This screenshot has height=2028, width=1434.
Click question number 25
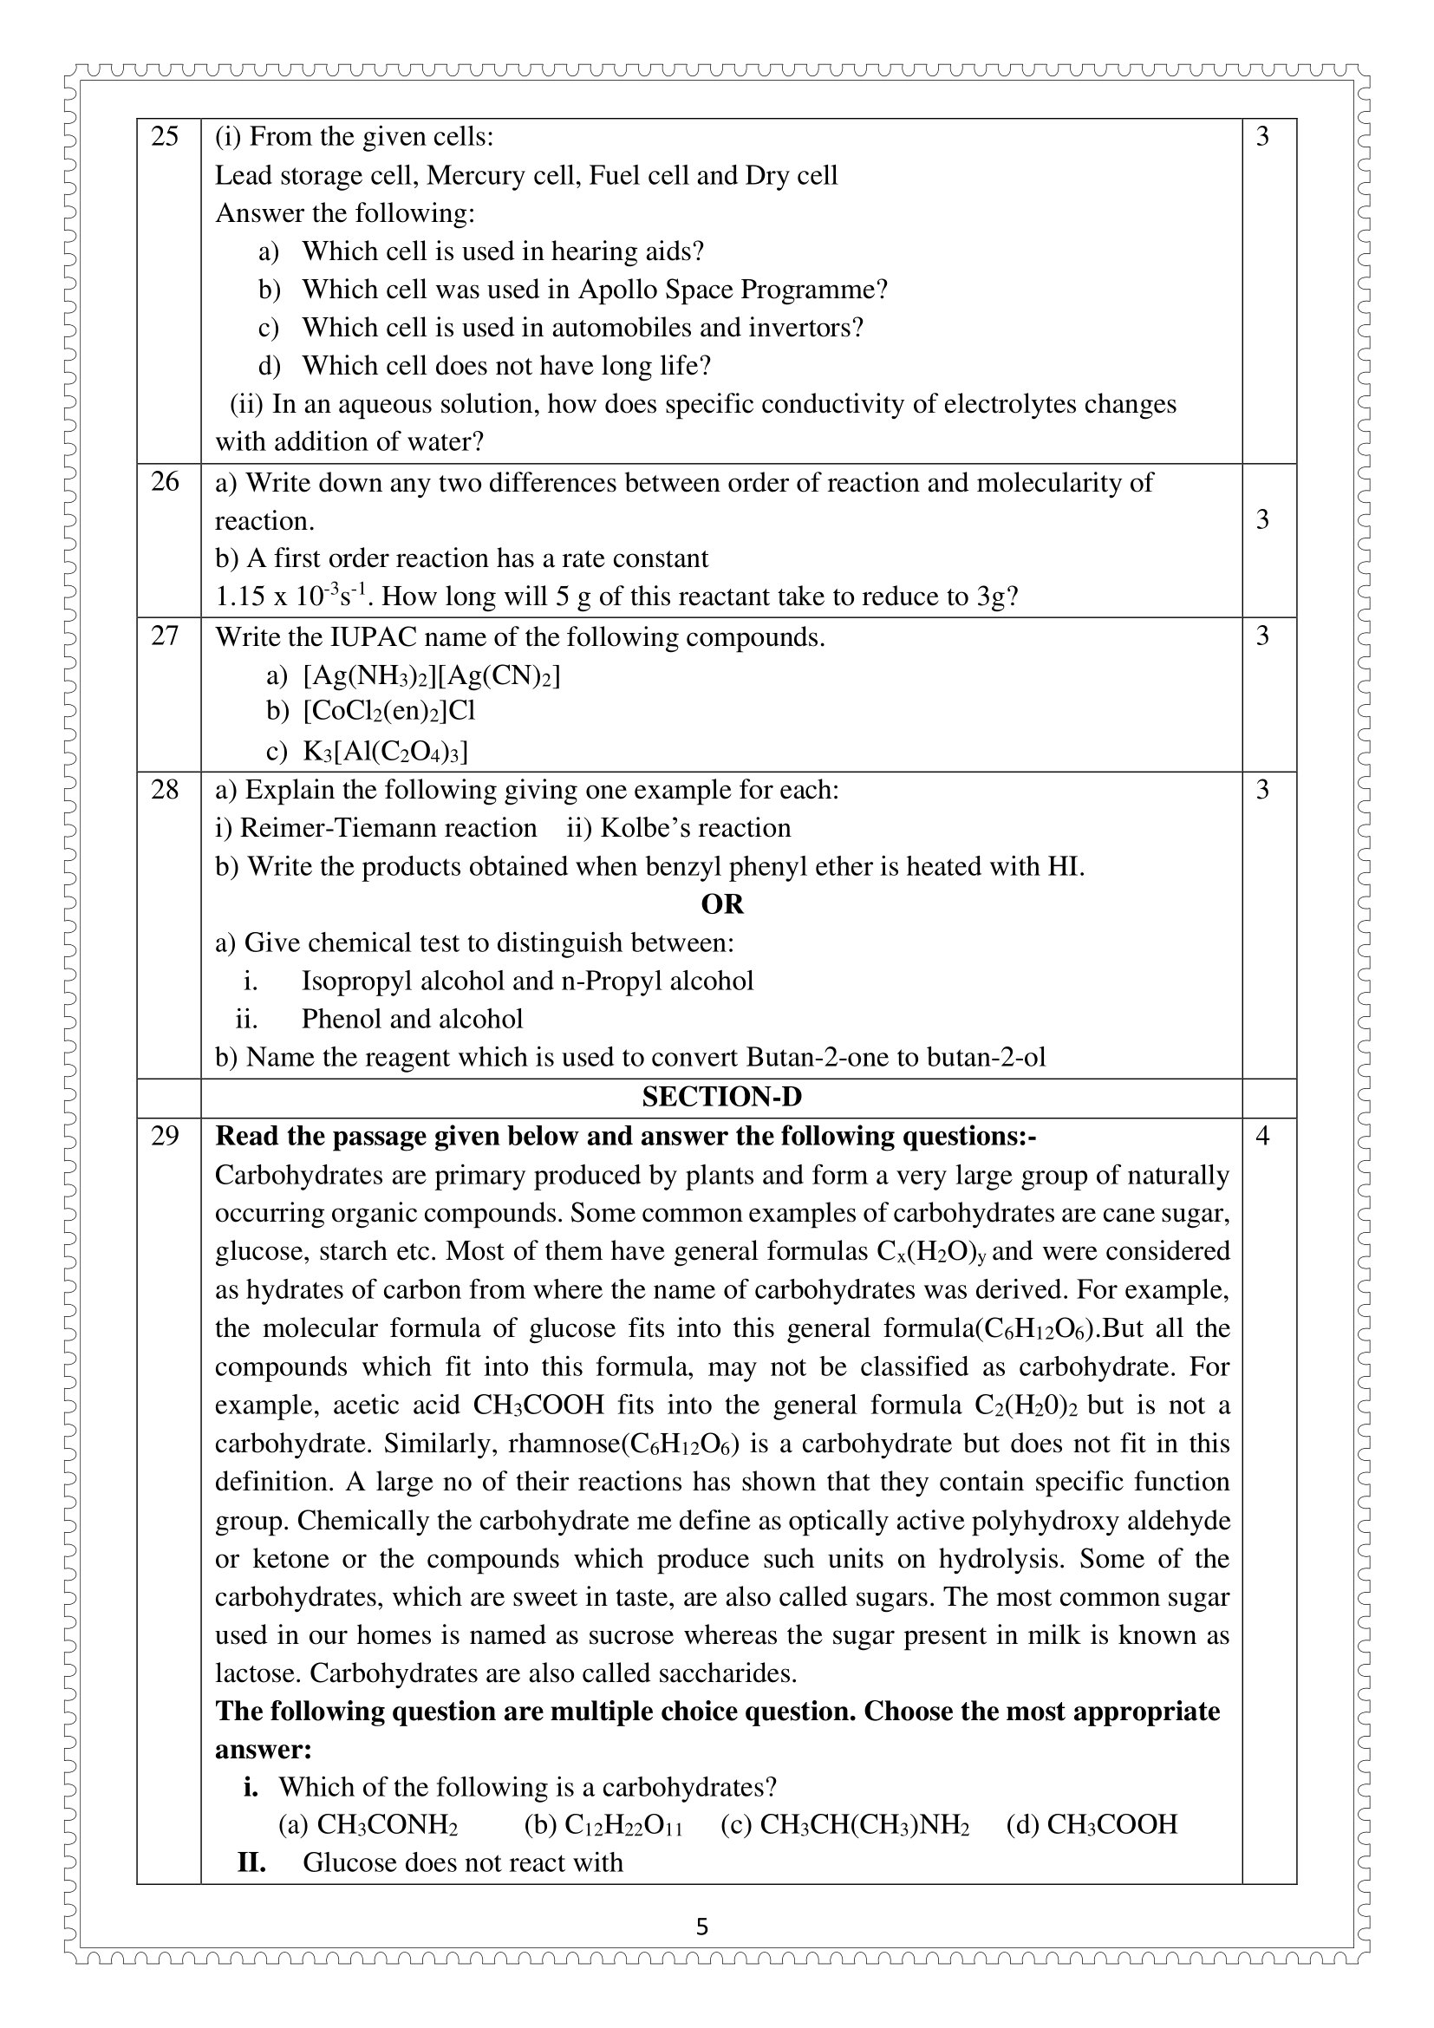(x=164, y=137)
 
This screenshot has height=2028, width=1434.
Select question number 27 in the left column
(x=164, y=636)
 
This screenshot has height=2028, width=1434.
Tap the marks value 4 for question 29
(x=1261, y=1136)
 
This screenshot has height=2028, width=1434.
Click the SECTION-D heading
(x=721, y=1097)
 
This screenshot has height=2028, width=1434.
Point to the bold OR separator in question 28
(x=721, y=904)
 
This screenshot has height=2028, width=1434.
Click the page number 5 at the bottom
(x=702, y=1927)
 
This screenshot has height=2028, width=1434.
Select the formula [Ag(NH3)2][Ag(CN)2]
(x=432, y=675)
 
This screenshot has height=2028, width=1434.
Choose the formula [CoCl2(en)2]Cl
(x=389, y=711)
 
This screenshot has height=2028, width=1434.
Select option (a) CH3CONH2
(x=369, y=1824)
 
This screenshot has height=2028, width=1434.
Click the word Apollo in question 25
(x=614, y=290)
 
